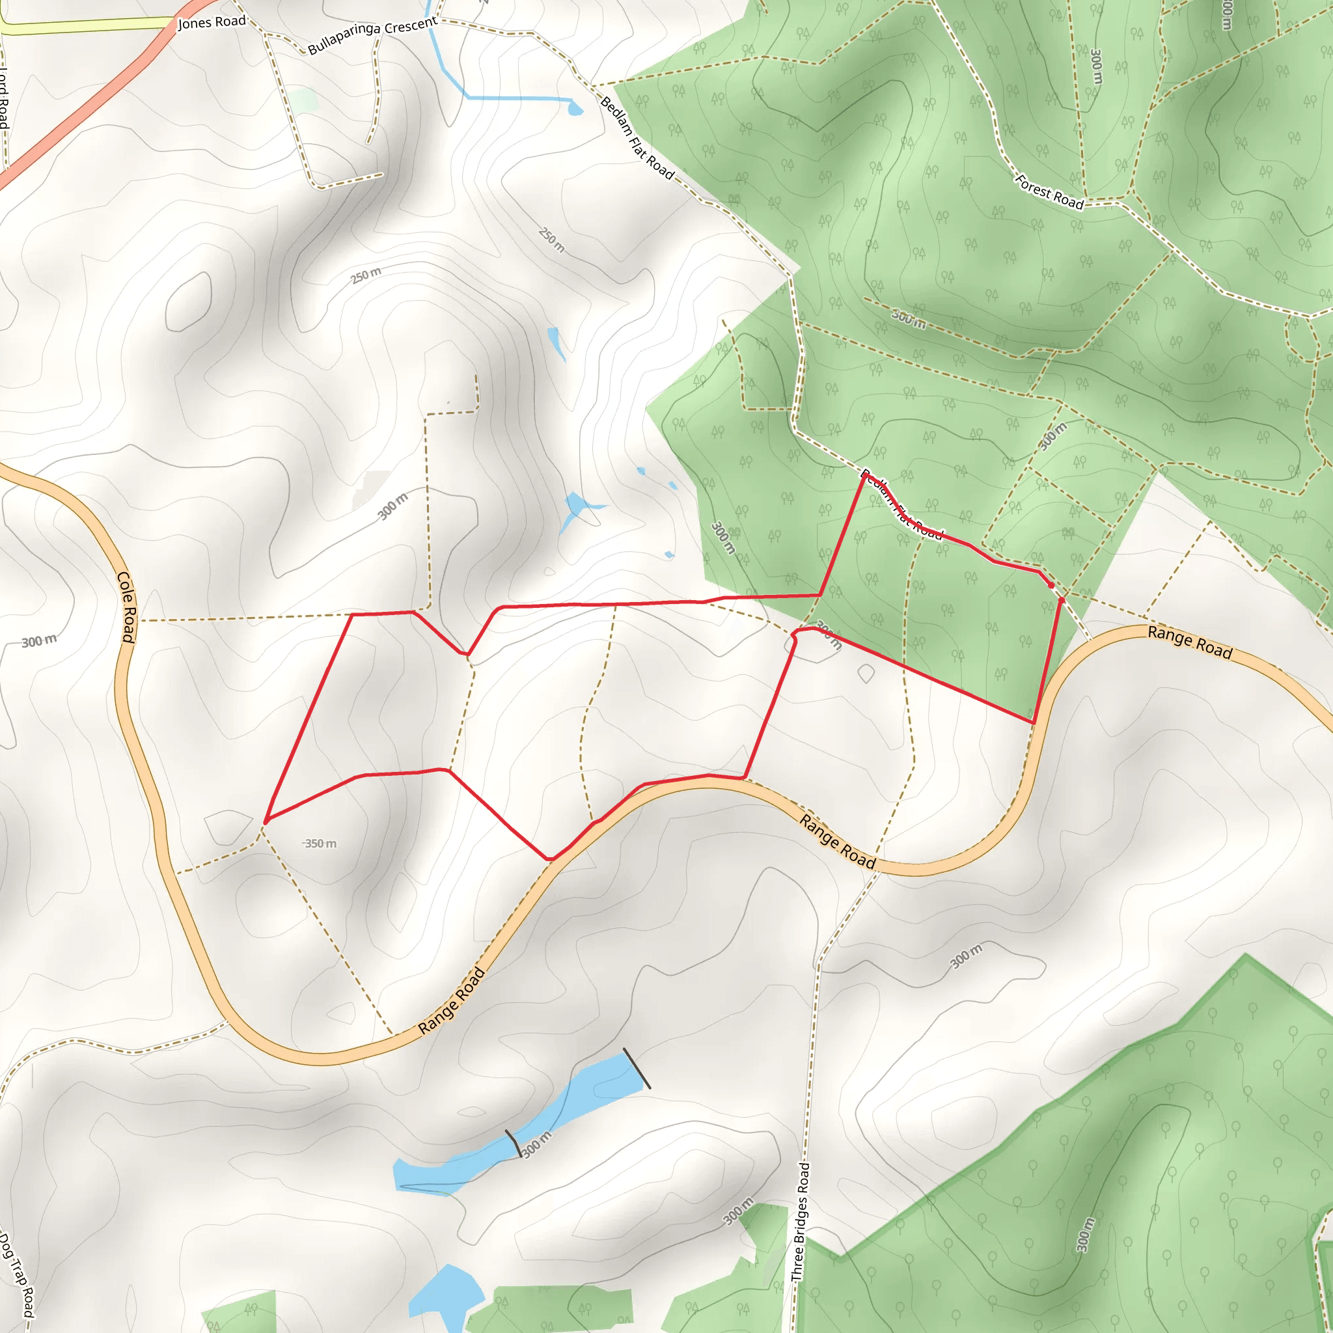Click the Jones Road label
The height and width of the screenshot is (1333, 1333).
click(212, 22)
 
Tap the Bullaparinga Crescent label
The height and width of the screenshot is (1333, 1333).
click(372, 36)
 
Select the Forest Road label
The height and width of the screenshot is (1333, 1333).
click(1049, 193)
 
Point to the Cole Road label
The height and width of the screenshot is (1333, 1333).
click(126, 607)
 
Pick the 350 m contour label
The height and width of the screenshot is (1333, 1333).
click(321, 844)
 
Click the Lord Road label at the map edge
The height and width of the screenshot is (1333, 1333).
click(3, 96)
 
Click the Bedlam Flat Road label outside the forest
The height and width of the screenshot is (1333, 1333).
click(637, 138)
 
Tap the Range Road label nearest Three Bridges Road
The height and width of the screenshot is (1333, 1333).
click(838, 841)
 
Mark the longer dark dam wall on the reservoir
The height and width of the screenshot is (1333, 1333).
click(636, 1069)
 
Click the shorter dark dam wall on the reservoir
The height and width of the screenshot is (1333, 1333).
click(514, 1143)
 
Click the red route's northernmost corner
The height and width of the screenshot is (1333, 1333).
click(864, 474)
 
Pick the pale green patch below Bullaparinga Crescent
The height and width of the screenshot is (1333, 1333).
click(303, 101)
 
